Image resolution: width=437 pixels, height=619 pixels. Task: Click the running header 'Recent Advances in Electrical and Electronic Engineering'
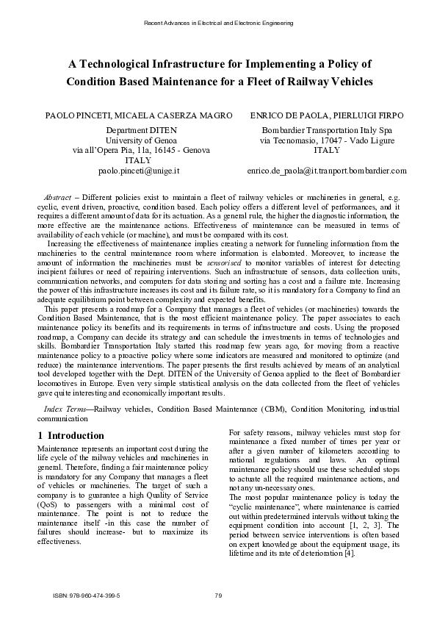[218, 23]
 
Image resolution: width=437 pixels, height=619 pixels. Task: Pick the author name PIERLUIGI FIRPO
[372, 116]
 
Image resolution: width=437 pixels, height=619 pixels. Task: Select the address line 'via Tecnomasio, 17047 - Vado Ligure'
[328, 140]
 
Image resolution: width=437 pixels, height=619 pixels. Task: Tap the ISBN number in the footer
[87, 595]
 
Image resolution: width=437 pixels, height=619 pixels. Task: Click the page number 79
[218, 595]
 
